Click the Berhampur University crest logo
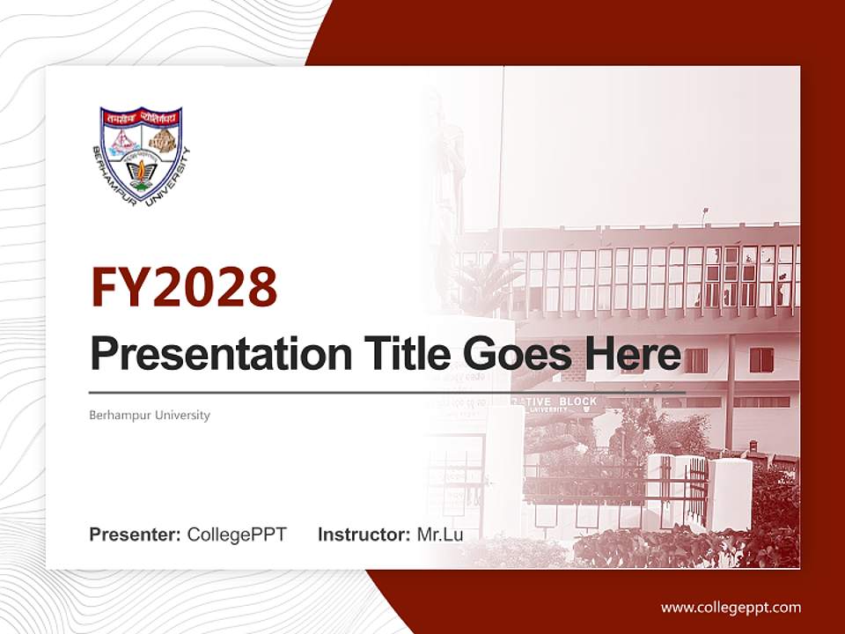click(x=141, y=154)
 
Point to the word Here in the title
click(x=632, y=354)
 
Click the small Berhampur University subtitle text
click(x=150, y=415)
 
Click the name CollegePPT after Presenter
click(x=237, y=534)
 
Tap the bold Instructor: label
click(x=364, y=534)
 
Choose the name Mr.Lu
click(x=439, y=534)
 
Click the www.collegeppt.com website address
click(x=731, y=607)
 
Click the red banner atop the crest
click(x=141, y=115)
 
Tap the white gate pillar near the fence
click(x=730, y=493)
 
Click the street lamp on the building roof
click(x=704, y=215)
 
